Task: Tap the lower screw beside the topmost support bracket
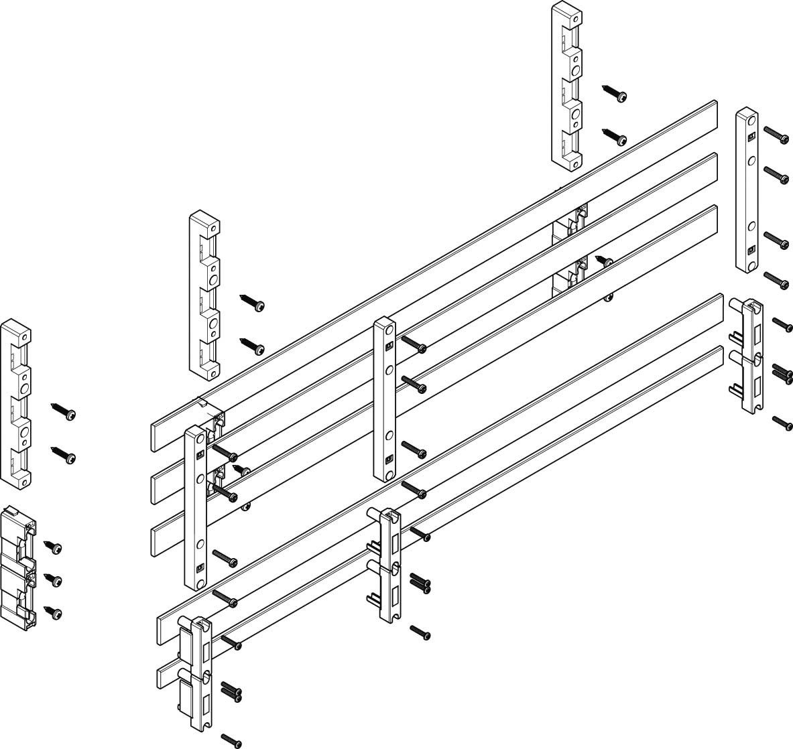coord(614,136)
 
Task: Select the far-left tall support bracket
coord(16,402)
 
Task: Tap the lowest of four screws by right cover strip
coord(777,280)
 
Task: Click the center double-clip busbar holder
coord(385,565)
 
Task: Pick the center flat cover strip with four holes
coord(385,398)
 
